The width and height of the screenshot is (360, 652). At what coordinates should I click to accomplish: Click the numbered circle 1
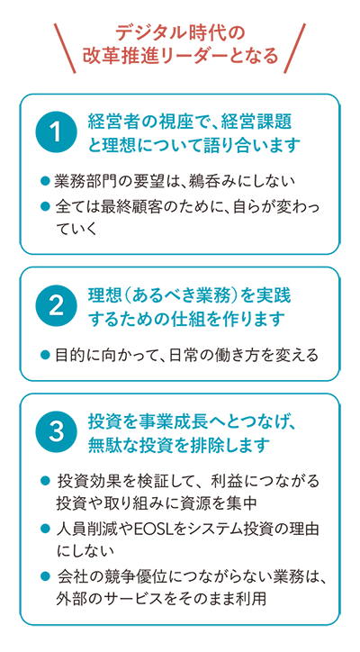56,133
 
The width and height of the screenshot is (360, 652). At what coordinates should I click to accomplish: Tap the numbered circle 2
56,306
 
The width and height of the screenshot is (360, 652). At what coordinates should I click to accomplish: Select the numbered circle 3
56,432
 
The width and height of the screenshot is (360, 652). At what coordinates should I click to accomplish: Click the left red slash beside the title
65,48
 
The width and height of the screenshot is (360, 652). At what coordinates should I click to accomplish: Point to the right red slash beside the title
294,48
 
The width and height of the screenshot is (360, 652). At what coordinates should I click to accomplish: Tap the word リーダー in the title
199,57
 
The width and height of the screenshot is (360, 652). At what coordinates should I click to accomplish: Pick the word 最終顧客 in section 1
130,206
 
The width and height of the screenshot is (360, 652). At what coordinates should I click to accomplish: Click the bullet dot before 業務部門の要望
45,181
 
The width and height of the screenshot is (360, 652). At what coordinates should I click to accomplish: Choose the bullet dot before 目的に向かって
45,355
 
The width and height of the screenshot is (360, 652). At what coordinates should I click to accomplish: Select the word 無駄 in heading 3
104,445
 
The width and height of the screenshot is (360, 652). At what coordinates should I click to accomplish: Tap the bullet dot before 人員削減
45,529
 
